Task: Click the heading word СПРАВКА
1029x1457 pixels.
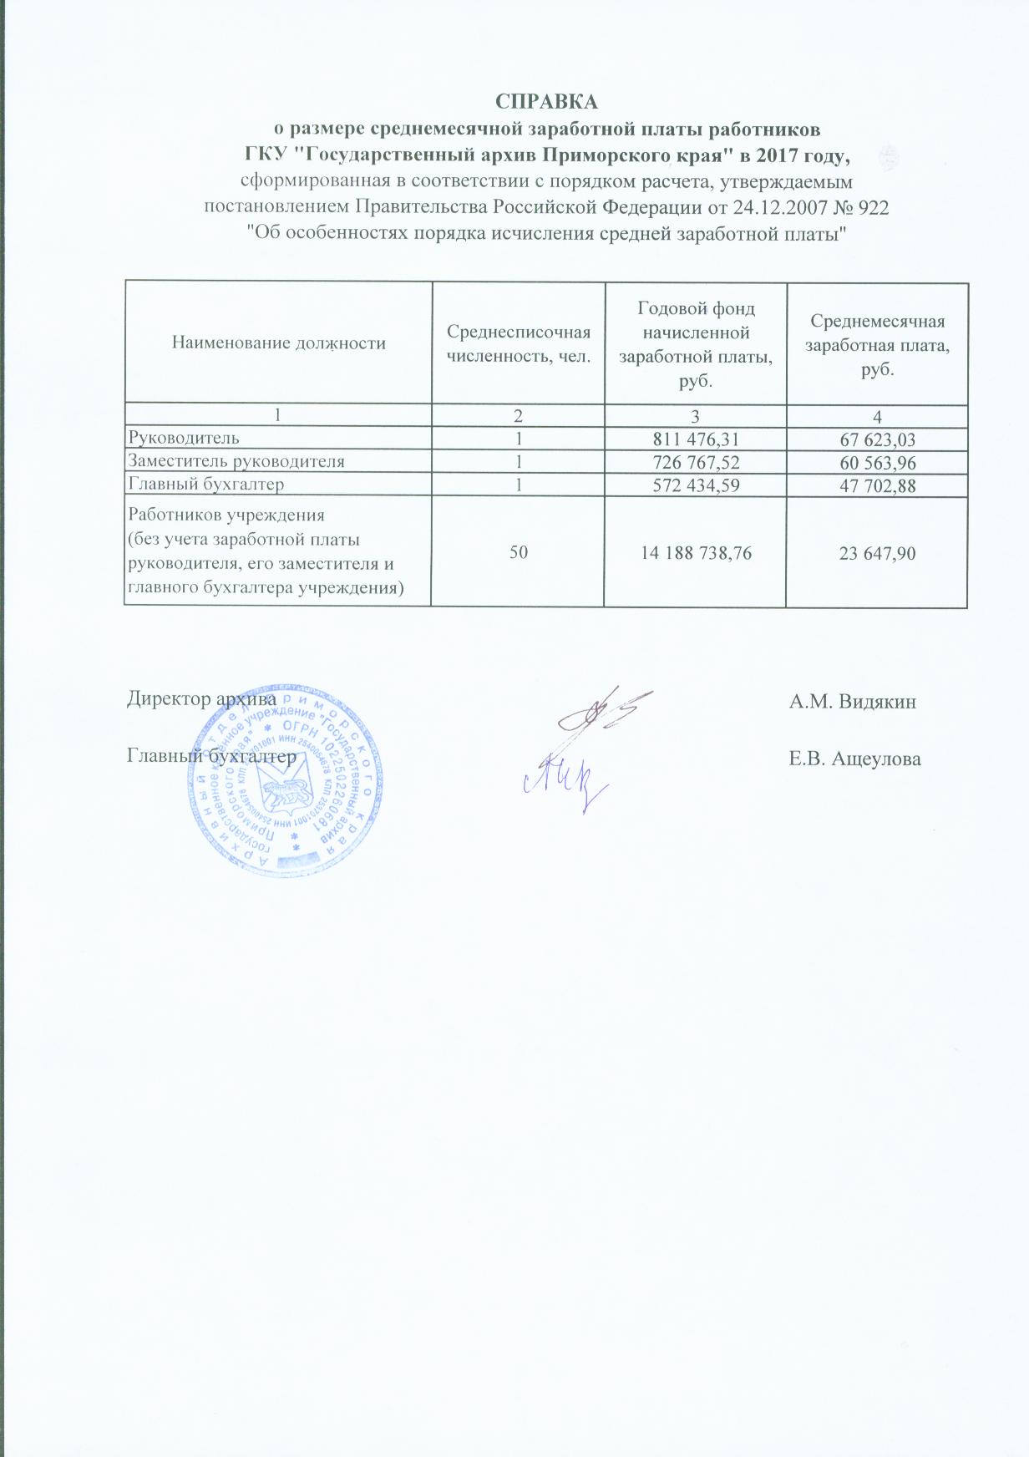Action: coord(546,102)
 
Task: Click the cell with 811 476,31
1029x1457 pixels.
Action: coord(695,439)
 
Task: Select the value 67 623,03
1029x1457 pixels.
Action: coord(877,439)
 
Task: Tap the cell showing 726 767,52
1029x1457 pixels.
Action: coord(695,462)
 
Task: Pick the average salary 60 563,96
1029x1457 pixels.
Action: coord(877,463)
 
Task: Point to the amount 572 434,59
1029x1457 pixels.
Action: coord(695,485)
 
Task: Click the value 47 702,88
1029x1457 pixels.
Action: coord(877,485)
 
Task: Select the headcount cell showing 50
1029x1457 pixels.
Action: coord(518,552)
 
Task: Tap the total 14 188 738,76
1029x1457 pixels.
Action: coord(695,552)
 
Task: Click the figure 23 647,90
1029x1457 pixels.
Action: coord(877,552)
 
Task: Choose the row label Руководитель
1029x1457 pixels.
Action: coord(183,438)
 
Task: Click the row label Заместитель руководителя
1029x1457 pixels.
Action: coord(236,461)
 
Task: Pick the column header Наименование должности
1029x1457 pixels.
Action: coord(278,343)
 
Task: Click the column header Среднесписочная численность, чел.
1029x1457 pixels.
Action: coord(518,343)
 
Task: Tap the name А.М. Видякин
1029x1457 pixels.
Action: coord(852,702)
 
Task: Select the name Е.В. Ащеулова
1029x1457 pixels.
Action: coord(854,759)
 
